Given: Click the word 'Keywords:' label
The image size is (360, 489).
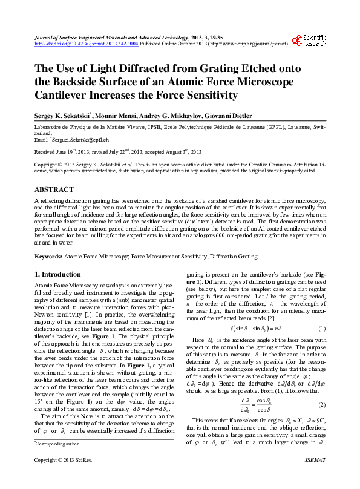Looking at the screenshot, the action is [x=48, y=257].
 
